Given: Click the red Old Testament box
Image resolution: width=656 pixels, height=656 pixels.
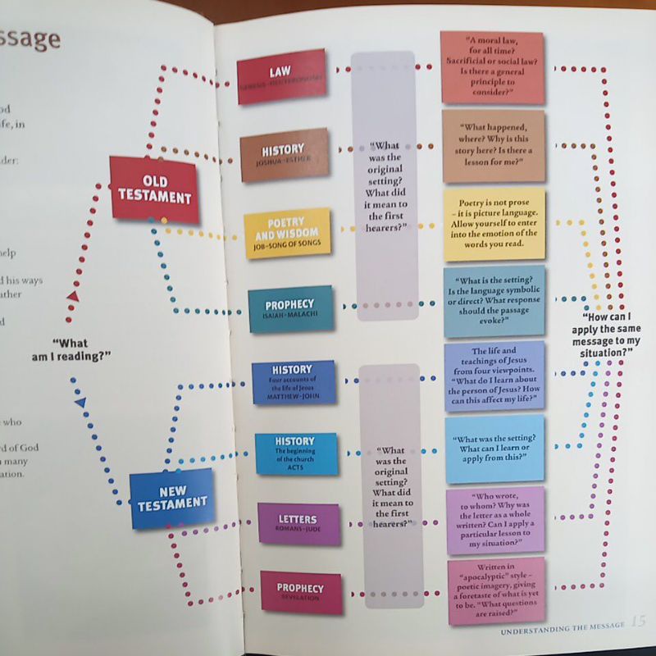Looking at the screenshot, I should point(154,189).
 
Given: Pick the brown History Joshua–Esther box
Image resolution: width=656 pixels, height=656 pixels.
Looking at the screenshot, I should point(284,155).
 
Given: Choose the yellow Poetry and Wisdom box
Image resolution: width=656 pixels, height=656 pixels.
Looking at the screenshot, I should point(288,233).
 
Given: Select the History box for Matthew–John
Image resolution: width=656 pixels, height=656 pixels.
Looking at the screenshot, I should point(293,382).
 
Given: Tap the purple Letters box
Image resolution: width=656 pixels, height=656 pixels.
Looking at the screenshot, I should point(298,524).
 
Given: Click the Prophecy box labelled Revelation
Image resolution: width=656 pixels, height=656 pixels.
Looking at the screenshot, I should point(301,592).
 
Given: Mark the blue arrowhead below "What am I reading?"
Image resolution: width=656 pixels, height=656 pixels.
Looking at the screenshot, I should point(80,403).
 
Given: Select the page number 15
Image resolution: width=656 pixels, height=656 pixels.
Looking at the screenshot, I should point(639,621).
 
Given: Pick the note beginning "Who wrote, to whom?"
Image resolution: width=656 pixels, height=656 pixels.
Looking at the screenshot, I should point(495,521).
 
